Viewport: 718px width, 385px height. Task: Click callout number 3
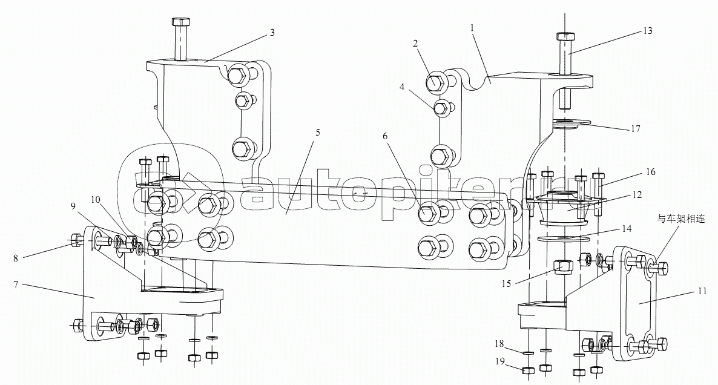point(272,33)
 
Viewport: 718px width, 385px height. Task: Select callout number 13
point(648,31)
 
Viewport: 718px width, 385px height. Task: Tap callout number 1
point(473,27)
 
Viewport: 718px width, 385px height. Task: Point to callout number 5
point(318,133)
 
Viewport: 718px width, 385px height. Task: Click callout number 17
point(636,129)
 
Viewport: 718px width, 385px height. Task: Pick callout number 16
point(651,172)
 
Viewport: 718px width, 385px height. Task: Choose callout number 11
point(702,291)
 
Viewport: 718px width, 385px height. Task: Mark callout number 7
point(16,285)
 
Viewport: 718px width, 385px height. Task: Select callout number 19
point(499,361)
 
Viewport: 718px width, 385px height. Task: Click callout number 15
point(506,284)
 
